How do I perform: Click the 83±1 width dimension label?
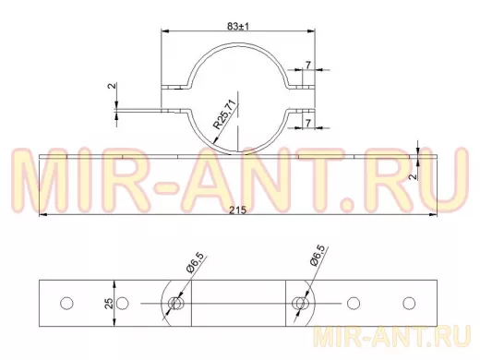click(238, 27)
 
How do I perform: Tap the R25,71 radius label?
click(226, 114)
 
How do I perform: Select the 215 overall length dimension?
click(238, 210)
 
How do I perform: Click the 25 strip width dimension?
click(109, 303)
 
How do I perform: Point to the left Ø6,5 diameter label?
click(195, 262)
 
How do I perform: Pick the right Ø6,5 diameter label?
click(317, 255)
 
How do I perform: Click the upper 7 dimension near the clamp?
click(308, 65)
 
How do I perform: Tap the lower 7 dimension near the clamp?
click(308, 123)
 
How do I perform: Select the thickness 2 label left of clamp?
click(113, 86)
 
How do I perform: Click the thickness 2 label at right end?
click(414, 176)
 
